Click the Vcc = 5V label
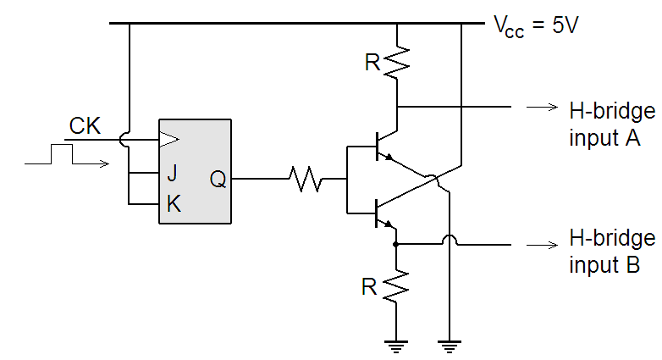535,25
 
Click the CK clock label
85,127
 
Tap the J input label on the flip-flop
172,174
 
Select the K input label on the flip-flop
173,204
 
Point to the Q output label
218,180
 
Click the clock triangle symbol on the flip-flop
169,138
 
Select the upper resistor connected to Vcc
396,61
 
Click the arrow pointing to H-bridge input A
538,108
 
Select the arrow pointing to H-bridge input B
538,245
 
